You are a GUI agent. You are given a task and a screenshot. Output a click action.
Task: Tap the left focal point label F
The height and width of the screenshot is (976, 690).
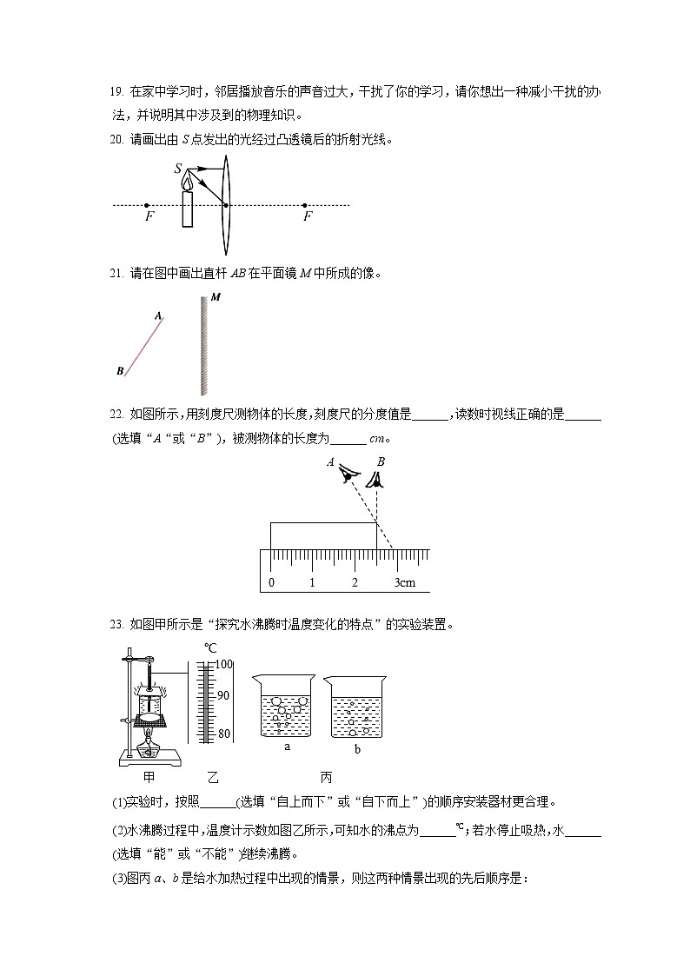tap(149, 217)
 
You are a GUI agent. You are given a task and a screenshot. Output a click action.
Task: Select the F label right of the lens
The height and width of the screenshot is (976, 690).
tap(307, 217)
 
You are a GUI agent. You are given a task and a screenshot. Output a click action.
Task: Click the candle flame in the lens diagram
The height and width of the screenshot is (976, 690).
tap(187, 181)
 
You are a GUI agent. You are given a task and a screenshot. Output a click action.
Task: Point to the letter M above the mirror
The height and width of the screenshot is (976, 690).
tap(215, 297)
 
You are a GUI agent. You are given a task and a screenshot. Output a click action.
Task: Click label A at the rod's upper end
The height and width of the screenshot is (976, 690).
tap(158, 317)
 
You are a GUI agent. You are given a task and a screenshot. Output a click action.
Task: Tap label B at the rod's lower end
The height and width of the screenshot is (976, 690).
tap(120, 371)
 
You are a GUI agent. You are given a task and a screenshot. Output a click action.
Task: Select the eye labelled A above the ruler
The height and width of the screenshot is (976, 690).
tap(349, 473)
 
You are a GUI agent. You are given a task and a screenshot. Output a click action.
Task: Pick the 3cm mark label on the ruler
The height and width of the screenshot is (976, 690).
tap(405, 582)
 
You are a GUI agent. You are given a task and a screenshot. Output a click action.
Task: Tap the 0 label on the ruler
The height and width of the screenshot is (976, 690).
tap(272, 582)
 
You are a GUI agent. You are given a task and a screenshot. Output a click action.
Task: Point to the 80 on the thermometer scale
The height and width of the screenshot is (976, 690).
tap(223, 734)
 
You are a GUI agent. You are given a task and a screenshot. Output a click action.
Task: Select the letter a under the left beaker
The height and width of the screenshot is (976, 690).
tap(287, 746)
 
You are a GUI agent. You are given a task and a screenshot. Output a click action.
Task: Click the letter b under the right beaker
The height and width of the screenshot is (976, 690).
tap(356, 748)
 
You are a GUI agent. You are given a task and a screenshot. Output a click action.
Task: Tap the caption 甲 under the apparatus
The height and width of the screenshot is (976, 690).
tap(148, 777)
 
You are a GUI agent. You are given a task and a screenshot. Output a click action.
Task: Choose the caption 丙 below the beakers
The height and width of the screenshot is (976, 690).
tap(326, 777)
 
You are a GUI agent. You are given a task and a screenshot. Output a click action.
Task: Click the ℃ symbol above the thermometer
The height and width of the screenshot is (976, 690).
tap(210, 647)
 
